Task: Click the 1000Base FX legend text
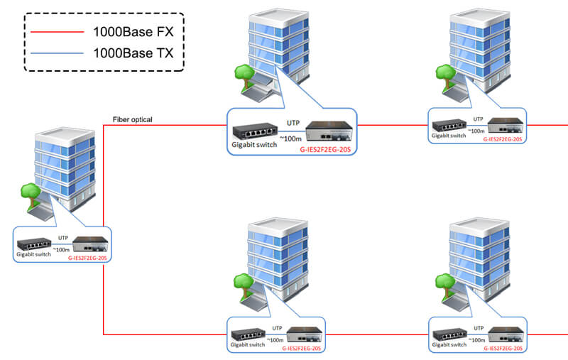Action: pyautogui.click(x=133, y=31)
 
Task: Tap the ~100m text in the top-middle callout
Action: pyautogui.click(x=290, y=138)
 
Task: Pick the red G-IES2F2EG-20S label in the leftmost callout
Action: pyautogui.click(x=89, y=258)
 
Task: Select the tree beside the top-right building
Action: pyautogui.click(x=445, y=74)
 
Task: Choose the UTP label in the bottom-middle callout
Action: pyautogui.click(x=277, y=328)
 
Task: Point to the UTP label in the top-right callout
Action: pyautogui.click(x=478, y=119)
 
